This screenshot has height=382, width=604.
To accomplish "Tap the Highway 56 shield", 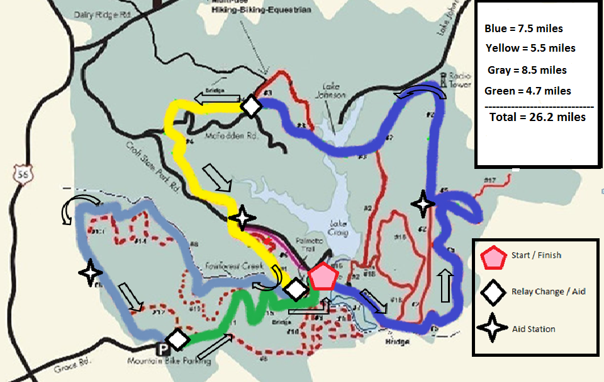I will (24, 171).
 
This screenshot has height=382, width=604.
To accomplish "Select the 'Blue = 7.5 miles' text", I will (523, 29).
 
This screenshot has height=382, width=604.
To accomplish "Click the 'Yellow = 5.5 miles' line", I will (530, 48).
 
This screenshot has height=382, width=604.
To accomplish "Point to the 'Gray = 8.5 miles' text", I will (527, 70).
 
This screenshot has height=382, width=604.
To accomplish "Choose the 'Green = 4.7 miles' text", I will (528, 91).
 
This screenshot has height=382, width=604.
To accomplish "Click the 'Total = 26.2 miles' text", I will (537, 117).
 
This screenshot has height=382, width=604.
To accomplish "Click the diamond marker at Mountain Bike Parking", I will (178, 340).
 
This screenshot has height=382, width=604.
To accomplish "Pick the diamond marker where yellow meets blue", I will (252, 106).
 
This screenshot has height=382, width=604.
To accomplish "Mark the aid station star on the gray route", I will (90, 272).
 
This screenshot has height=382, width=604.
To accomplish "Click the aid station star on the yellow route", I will (242, 218).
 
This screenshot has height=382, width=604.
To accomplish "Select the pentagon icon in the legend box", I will (493, 257).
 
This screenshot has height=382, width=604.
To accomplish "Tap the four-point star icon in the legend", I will (493, 328).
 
